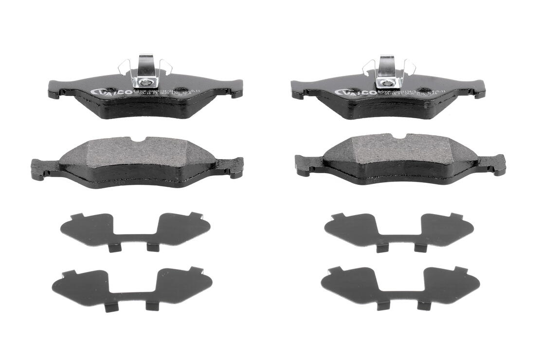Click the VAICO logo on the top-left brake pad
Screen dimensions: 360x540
[111, 92]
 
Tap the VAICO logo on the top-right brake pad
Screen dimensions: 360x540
[355, 92]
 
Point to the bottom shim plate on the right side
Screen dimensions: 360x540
[400, 286]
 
